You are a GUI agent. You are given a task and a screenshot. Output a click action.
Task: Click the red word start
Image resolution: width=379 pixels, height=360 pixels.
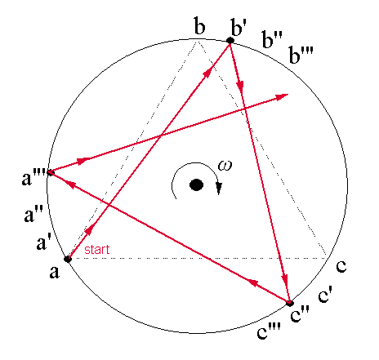(97, 250)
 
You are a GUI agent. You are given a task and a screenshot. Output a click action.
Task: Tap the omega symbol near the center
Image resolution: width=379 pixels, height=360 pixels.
(225, 166)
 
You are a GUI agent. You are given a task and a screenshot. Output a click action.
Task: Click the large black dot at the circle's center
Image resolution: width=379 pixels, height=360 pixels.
(196, 185)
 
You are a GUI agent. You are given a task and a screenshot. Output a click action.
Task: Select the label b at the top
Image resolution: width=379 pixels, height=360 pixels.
(199, 25)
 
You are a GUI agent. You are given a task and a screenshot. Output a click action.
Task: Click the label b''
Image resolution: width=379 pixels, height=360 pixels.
(271, 39)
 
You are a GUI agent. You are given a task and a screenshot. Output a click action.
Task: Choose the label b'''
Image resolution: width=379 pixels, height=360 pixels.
(301, 55)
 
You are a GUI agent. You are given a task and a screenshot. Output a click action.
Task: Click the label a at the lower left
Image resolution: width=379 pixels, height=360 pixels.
(54, 272)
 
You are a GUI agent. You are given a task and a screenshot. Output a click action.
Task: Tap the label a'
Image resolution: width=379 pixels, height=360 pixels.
(43, 242)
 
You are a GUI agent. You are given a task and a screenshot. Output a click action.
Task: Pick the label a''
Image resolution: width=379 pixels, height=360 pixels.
(33, 213)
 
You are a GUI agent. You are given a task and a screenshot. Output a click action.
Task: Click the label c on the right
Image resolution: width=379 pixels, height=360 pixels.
(341, 266)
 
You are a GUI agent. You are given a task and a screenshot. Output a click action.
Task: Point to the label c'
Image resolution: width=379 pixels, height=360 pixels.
(325, 295)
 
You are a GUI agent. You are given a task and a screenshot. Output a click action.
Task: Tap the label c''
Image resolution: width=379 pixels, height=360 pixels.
(300, 313)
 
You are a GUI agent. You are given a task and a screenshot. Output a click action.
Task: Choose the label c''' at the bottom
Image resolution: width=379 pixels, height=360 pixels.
(269, 331)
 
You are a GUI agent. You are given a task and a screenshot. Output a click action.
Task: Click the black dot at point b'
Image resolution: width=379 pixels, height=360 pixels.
(230, 41)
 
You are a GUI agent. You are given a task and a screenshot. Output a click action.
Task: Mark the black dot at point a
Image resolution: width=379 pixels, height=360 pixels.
(68, 259)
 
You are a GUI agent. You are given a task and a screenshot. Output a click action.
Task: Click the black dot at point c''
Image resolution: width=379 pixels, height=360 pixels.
(290, 303)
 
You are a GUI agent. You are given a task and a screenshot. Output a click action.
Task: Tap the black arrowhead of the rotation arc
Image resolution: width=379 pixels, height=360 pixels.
(219, 189)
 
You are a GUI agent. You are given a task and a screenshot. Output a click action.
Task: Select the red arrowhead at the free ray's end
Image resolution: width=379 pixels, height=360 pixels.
(282, 97)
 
